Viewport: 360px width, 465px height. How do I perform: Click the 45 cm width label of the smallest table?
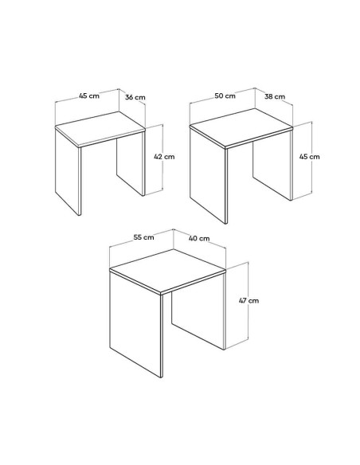89,96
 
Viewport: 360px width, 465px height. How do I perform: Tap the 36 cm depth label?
135,97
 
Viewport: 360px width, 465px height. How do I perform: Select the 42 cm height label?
164,156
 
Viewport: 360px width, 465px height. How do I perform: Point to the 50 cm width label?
225,96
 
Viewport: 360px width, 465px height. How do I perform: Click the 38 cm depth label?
275,96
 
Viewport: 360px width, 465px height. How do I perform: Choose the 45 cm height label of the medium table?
309,156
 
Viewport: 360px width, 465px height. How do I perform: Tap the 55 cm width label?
143,237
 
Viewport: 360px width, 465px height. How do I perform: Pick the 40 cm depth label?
199,238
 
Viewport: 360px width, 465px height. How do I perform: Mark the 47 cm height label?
248,300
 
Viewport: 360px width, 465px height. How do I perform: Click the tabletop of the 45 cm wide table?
101,128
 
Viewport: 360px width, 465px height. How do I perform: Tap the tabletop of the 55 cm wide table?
168,271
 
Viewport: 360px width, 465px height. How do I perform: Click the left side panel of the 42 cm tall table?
68,171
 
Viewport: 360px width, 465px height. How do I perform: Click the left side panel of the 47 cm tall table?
136,324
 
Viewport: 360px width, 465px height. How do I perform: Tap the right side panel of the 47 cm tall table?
198,311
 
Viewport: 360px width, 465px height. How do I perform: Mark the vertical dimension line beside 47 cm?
248,305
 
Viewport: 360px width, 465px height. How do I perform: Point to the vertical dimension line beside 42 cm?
162,157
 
